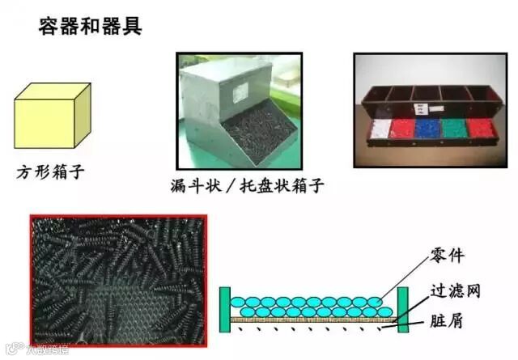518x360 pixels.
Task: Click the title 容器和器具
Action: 91,25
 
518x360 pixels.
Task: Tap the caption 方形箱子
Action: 50,172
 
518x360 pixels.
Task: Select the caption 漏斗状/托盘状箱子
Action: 248,185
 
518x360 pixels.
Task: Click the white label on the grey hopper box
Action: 240,93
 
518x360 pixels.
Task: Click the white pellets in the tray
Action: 380,129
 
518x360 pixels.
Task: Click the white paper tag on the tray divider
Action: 420,108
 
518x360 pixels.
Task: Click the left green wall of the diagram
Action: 224,310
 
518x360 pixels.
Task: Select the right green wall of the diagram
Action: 402,308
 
